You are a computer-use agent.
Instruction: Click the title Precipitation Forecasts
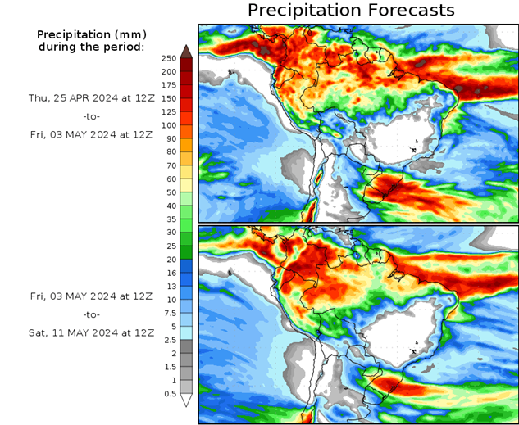(350, 11)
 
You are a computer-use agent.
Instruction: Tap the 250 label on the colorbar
(170, 59)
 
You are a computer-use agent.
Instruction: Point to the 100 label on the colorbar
(170, 125)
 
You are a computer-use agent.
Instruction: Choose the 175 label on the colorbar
(170, 85)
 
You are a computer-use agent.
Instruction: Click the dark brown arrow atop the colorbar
(186, 51)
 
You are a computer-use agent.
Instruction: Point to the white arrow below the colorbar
(186, 400)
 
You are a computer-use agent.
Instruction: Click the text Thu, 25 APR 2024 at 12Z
(91, 97)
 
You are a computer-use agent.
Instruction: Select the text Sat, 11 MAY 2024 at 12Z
(91, 332)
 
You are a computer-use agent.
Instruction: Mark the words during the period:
(91, 47)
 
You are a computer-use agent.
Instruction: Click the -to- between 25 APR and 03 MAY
(91, 116)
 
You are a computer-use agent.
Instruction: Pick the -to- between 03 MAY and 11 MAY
(91, 314)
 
